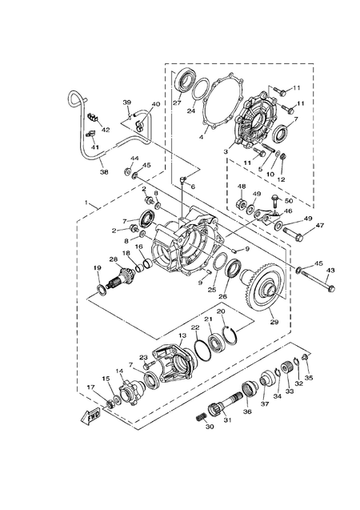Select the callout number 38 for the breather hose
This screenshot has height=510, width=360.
point(104,171)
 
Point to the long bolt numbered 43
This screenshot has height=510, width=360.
point(315,279)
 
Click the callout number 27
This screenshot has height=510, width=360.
point(177,103)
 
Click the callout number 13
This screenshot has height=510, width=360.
point(182,335)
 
